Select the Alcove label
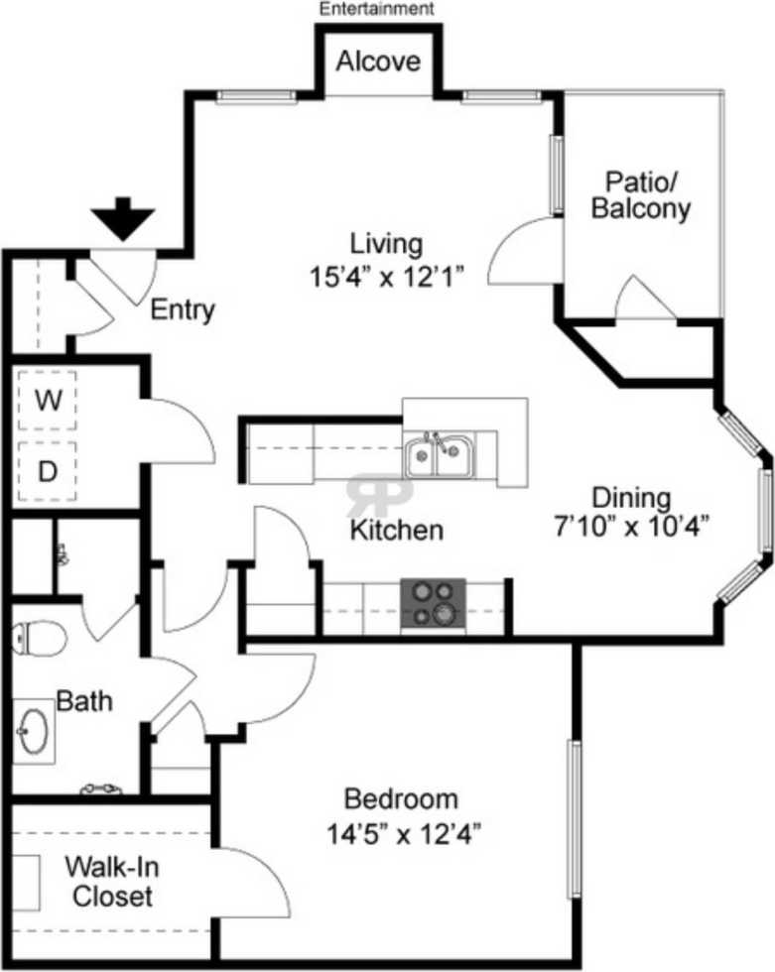(x=378, y=61)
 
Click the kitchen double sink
(x=438, y=456)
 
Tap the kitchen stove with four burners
(x=433, y=604)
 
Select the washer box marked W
(x=47, y=401)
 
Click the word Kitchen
(x=396, y=530)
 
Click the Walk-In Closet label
(x=109, y=882)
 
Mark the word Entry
(x=182, y=310)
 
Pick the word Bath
(x=83, y=702)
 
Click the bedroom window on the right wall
(x=574, y=818)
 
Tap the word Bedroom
(x=401, y=798)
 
